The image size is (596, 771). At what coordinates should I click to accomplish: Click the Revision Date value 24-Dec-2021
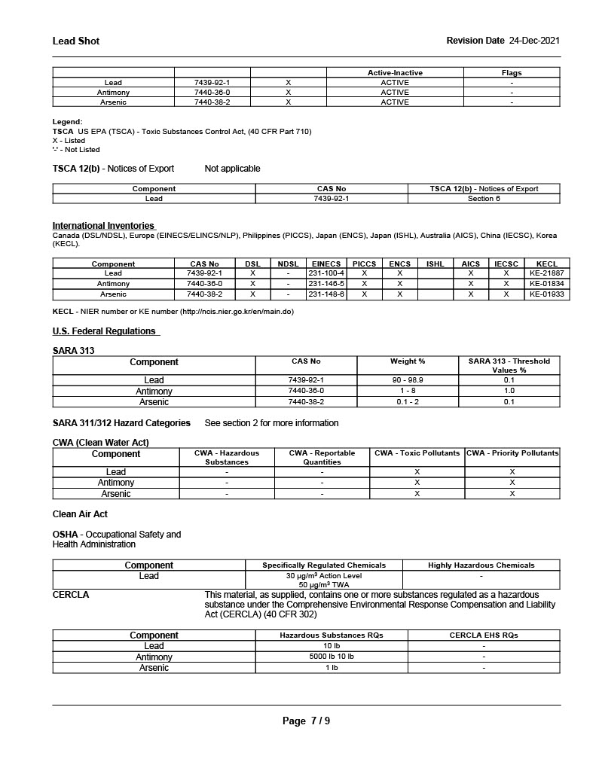click(x=534, y=41)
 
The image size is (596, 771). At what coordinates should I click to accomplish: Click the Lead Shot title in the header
click(x=76, y=41)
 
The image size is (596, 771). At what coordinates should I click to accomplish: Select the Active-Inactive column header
click(x=395, y=73)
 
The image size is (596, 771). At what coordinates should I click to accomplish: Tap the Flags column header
click(x=512, y=73)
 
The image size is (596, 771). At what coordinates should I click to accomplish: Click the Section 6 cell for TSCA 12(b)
click(x=484, y=199)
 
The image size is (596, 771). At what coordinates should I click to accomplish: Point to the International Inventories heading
click(x=103, y=226)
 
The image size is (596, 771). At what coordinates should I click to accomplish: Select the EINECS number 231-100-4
click(x=326, y=273)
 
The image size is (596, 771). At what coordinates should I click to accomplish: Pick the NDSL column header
click(x=288, y=264)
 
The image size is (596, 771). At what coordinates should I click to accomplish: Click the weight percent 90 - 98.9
click(x=407, y=380)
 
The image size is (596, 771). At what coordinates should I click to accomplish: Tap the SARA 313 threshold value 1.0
click(x=509, y=391)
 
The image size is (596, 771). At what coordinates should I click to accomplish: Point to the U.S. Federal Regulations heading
click(x=104, y=331)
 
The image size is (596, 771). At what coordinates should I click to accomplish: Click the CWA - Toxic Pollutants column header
click(x=417, y=453)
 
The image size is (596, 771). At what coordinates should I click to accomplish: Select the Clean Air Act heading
click(x=80, y=514)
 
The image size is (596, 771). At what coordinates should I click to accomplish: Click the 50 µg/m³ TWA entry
click(x=324, y=584)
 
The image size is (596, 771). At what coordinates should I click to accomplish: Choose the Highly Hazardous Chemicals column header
click(x=481, y=565)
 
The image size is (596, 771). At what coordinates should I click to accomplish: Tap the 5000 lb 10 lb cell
click(x=331, y=657)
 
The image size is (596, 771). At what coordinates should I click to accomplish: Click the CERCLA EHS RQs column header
click(x=484, y=635)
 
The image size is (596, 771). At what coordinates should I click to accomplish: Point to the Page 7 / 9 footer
click(x=306, y=721)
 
